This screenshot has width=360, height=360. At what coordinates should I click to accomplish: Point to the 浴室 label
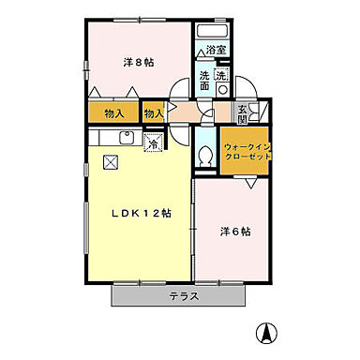tap(216, 50)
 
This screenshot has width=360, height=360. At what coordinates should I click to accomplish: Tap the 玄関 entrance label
tap(243, 112)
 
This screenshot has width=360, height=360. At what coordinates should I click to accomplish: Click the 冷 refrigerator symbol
tap(154, 143)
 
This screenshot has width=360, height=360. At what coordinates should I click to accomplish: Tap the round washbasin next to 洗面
tap(222, 89)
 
